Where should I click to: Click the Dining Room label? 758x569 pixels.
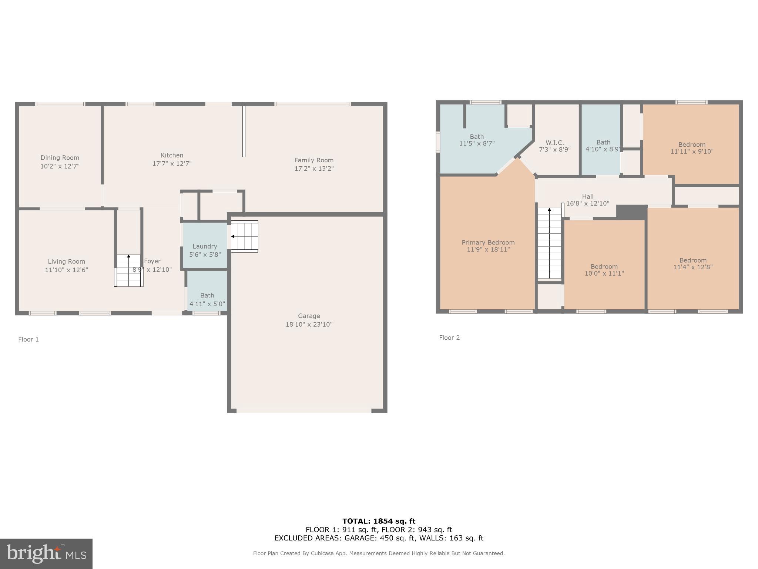pos(60,158)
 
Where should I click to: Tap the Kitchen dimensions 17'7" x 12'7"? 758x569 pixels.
pos(172,163)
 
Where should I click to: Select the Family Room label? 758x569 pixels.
pos(314,160)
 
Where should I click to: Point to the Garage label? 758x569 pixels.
pos(309,316)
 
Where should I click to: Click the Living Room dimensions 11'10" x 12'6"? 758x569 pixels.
pos(66,270)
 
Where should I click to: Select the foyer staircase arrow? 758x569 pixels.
pos(128,256)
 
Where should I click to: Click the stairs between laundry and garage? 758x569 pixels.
pos(244,236)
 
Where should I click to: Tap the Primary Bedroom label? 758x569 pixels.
pos(488,243)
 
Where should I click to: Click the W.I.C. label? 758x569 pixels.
pos(554,143)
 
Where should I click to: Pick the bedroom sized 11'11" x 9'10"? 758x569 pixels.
pos(691,148)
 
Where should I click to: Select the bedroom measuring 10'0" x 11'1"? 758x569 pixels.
pos(604,270)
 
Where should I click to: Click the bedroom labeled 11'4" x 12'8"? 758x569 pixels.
pos(693,263)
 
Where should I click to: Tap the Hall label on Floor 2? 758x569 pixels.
pos(588,197)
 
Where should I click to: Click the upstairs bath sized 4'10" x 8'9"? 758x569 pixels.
pos(603,146)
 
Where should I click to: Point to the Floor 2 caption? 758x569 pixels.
pos(449,337)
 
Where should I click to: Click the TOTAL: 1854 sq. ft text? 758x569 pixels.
pos(379,521)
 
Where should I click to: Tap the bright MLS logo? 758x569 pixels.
pos(46,553)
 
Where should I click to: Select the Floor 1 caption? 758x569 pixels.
pos(28,339)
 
